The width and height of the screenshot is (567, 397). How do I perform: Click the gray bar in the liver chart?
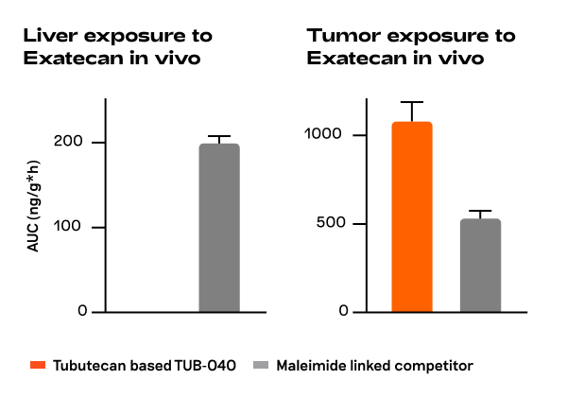tap(218, 228)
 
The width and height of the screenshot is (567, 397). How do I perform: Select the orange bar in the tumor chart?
tap(411, 216)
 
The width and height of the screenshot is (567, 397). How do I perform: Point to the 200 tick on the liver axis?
tap(76, 142)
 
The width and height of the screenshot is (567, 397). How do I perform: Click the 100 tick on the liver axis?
tap(76, 227)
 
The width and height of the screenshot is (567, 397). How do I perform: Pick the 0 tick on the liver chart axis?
tap(82, 312)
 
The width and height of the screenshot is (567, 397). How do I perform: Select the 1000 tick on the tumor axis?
tap(322, 134)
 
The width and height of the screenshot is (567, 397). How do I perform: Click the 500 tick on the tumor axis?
tap(327, 224)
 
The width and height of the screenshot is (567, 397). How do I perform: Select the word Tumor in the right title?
tap(337, 36)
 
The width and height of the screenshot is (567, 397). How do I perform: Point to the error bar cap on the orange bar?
tap(411, 102)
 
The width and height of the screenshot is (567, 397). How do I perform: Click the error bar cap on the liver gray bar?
tap(218, 137)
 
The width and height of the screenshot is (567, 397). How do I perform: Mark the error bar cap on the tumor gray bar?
tap(480, 211)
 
